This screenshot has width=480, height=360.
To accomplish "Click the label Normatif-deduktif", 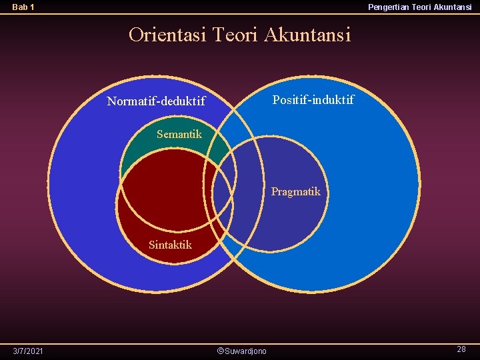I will click(156, 102).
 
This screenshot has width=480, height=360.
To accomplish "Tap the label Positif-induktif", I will click(313, 100).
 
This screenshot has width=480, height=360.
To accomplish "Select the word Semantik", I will click(179, 134).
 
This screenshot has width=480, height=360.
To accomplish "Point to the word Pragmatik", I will click(295, 192).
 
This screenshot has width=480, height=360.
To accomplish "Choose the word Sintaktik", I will click(170, 245).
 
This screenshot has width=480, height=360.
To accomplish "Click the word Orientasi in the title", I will click(167, 34).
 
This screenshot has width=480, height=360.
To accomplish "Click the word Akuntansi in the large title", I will click(307, 34).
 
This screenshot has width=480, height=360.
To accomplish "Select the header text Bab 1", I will click(23, 7).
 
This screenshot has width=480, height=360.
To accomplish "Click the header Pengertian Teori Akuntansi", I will click(419, 7).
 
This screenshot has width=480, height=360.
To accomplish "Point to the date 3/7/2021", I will click(28, 351).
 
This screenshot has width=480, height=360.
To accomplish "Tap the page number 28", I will click(461, 349).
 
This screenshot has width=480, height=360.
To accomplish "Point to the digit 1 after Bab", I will click(32, 7).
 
